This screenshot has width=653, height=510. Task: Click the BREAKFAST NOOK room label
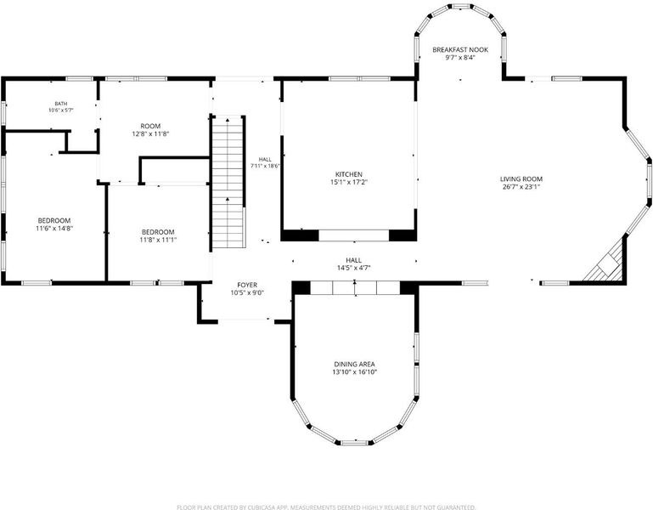tap(460, 50)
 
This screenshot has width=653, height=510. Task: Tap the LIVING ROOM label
tap(521, 179)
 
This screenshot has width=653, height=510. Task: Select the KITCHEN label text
tap(349, 174)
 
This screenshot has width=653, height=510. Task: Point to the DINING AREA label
tap(354, 364)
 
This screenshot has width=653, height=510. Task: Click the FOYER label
tap(247, 286)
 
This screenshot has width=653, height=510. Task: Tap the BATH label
tap(61, 104)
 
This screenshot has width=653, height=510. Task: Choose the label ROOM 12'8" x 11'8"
tap(150, 130)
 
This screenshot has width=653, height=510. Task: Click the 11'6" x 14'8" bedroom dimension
tap(54, 229)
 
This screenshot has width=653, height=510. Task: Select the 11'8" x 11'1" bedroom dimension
tap(158, 240)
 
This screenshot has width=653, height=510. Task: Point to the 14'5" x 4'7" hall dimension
tap(354, 268)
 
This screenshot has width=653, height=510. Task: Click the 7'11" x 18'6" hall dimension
tap(265, 166)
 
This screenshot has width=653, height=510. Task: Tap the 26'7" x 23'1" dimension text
tap(521, 187)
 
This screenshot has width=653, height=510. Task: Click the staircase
tap(228, 182)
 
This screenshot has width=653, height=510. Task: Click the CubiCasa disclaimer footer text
tap(326, 507)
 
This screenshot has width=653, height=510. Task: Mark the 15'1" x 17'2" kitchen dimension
tap(349, 182)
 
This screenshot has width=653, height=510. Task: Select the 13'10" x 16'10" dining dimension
tap(354, 372)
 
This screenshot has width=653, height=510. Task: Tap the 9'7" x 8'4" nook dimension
tap(460, 58)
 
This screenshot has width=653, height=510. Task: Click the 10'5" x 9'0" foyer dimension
tap(247, 293)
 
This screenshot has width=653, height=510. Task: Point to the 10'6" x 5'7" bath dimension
tap(61, 110)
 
